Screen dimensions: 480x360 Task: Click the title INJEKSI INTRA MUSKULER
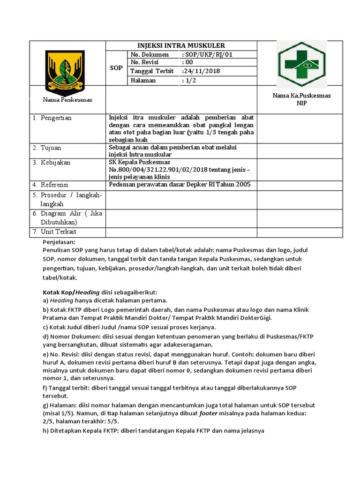(x=181, y=45)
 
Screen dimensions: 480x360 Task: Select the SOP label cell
(x=116, y=67)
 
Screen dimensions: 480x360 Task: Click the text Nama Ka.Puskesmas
(x=301, y=95)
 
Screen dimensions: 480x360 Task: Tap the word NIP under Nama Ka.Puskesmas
(x=301, y=103)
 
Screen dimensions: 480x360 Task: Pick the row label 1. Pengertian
(x=52, y=118)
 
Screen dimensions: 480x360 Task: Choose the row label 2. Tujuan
(x=47, y=148)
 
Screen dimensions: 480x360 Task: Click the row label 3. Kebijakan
(x=52, y=162)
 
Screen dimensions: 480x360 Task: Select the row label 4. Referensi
(x=51, y=185)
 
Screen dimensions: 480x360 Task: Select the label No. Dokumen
(x=149, y=54)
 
